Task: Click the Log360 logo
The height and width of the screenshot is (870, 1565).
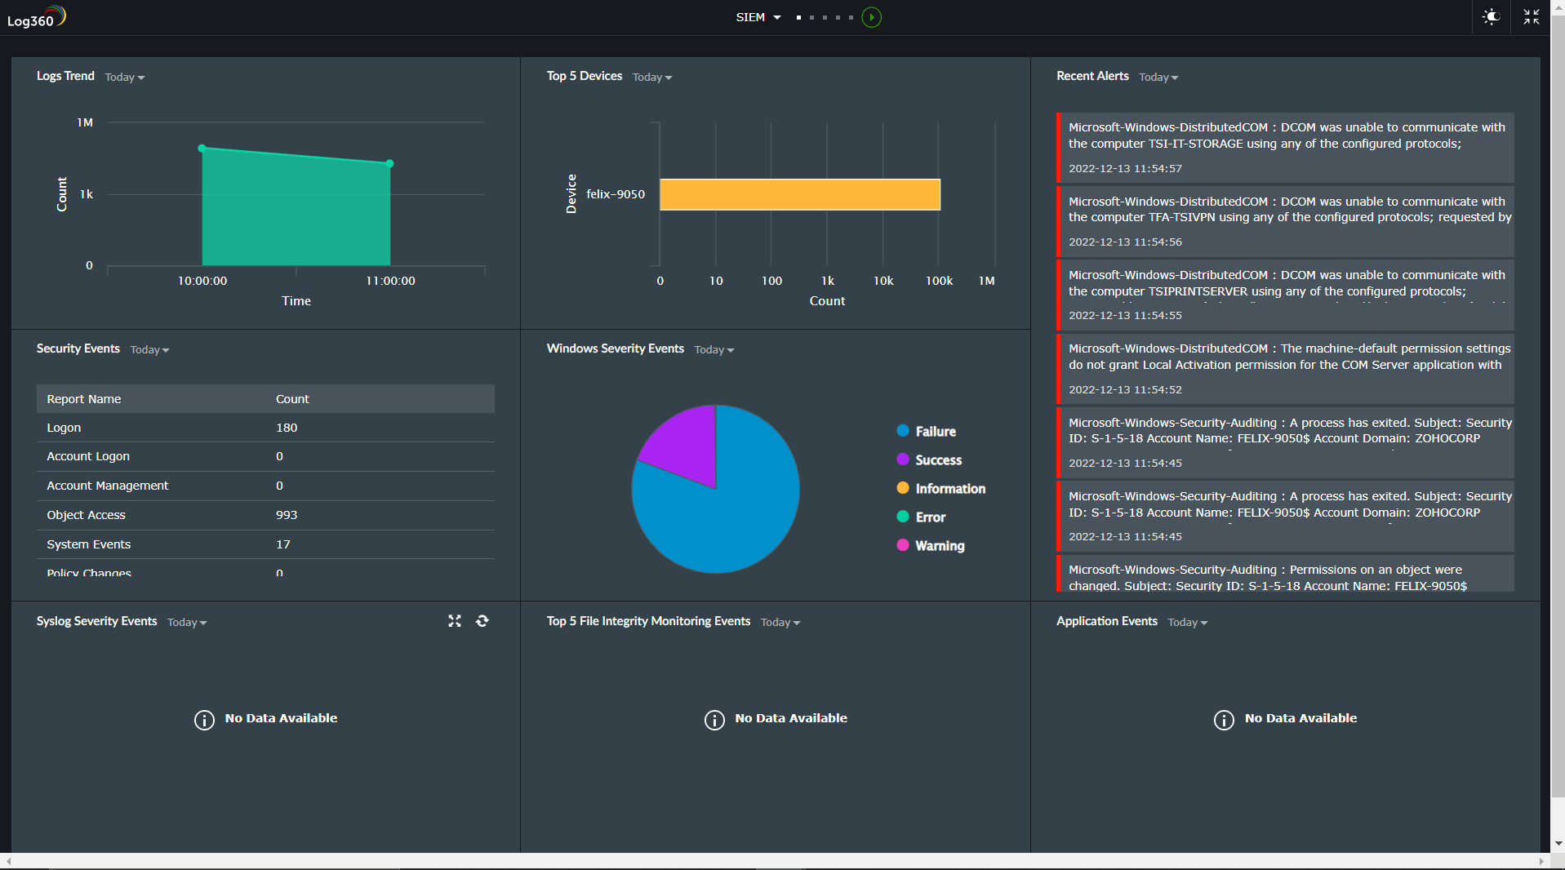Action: (37, 17)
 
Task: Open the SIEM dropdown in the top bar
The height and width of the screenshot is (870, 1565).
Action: (758, 17)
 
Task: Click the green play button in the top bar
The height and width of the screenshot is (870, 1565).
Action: (871, 17)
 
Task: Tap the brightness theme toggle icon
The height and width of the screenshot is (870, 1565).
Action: (1491, 17)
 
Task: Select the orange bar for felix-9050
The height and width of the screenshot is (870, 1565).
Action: (799, 194)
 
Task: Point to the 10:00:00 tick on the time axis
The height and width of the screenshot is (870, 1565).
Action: (202, 281)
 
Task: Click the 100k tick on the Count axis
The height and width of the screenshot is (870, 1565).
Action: (939, 281)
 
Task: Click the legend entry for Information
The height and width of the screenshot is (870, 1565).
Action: (949, 489)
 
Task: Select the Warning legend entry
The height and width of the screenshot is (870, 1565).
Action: (939, 546)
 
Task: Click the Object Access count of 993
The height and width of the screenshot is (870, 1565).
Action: (287, 515)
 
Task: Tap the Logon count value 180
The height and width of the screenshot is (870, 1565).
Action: (287, 428)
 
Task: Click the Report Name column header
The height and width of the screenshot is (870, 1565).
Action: (84, 399)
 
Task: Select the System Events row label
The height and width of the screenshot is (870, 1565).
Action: (89, 544)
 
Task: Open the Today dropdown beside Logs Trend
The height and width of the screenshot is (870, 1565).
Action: (124, 78)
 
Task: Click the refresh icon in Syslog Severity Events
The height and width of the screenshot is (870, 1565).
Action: (482, 621)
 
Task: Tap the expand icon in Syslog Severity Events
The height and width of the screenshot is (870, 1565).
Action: (455, 621)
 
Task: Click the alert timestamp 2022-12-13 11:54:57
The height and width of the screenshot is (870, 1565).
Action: (1125, 169)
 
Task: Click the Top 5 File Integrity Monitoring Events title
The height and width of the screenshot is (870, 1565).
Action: (648, 621)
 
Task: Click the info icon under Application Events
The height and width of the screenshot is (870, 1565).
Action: (1223, 720)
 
